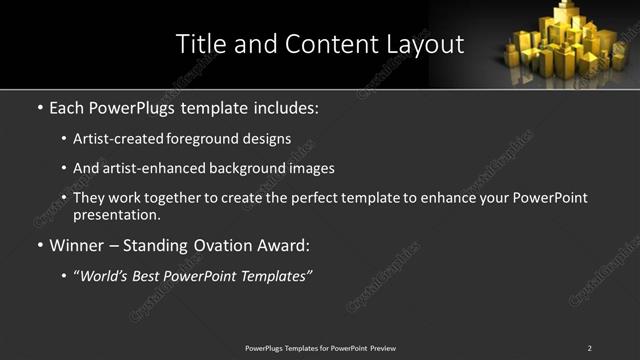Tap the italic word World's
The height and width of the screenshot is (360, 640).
(x=107, y=276)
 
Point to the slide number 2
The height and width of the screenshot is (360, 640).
(x=589, y=348)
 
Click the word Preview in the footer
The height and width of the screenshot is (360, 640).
(x=382, y=348)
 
